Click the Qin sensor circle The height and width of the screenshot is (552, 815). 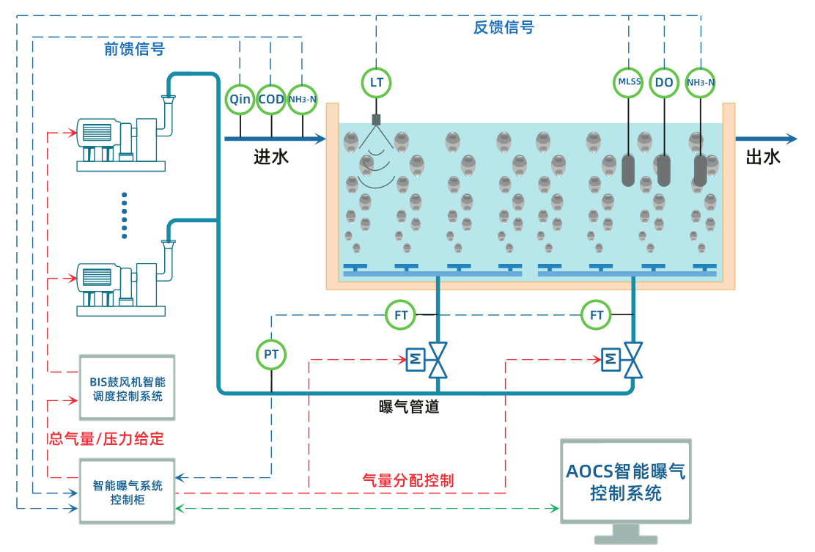coord(240,100)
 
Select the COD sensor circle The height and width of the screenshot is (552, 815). coord(271,100)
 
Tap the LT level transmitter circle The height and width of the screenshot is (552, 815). coord(377,82)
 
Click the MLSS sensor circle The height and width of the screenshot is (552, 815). coord(629,82)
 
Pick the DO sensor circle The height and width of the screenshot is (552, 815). coord(664,82)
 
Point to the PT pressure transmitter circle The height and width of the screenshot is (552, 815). coord(271,355)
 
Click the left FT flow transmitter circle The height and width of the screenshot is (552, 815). coord(401,316)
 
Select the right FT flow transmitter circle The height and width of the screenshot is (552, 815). coord(597,316)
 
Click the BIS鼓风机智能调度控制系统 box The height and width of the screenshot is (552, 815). coord(128,388)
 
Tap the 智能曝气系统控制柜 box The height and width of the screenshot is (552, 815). coord(128,492)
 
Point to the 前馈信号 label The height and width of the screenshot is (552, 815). coord(134,49)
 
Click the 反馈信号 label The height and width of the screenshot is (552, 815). coord(504,28)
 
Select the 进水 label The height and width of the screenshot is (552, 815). coord(270,156)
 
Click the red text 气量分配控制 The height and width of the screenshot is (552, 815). coord(408,481)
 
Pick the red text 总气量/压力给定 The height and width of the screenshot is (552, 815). coord(106,439)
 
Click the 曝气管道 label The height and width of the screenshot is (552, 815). coord(409,406)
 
